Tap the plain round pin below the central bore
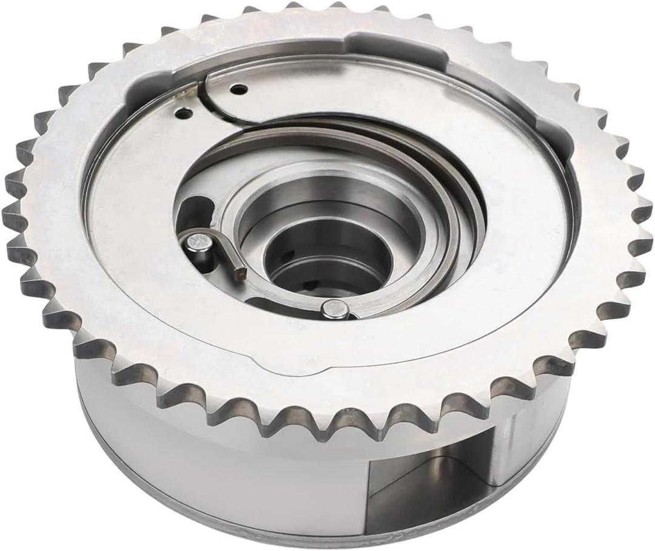coord(333,309)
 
